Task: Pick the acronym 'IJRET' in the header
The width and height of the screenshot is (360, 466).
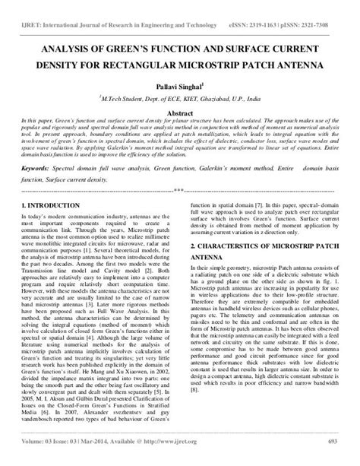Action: pos(33,8)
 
